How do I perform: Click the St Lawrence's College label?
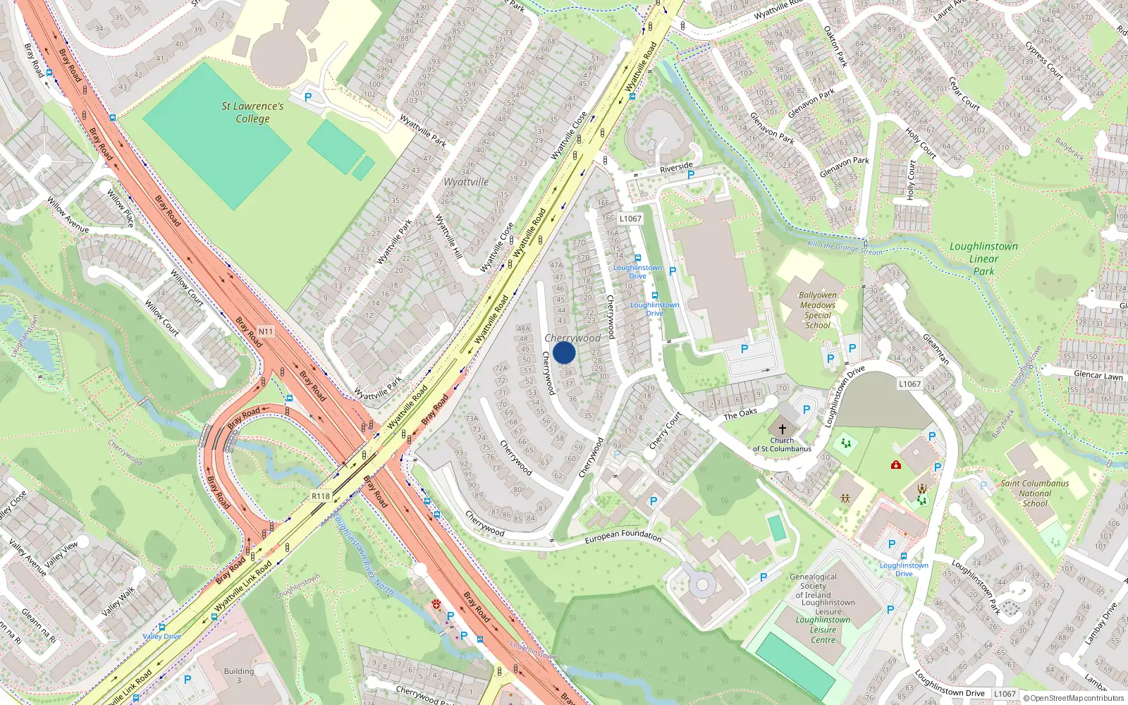252,112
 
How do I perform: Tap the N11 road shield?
265,331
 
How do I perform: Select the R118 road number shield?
321,496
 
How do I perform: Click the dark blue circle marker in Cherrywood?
564,352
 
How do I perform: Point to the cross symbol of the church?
782,429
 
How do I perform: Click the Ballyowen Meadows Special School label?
818,310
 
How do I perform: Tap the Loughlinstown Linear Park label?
983,258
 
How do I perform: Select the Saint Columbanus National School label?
1035,493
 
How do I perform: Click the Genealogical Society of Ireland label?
813,586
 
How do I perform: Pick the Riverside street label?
676,167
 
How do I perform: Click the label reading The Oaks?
740,414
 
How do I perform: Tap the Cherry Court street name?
665,431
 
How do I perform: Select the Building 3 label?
239,675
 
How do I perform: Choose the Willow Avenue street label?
68,215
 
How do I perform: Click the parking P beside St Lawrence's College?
307,97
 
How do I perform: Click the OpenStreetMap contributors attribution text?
1074,699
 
